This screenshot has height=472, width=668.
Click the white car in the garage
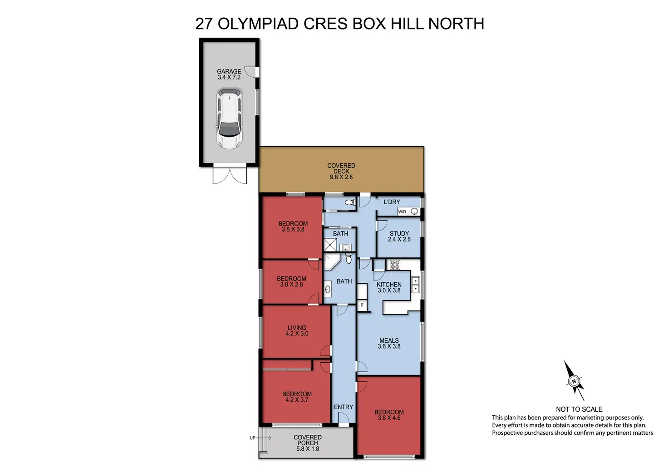pyautogui.click(x=229, y=118)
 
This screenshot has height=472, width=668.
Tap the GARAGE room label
pyautogui.click(x=229, y=72)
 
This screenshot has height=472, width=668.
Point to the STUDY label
pyautogui.click(x=399, y=233)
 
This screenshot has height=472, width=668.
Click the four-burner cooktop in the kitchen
pyautogui.click(x=395, y=265)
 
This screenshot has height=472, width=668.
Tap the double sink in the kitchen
pyautogui.click(x=415, y=285)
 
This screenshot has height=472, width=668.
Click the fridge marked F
pyautogui.click(x=362, y=305)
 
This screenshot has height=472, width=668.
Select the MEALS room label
pyautogui.click(x=389, y=340)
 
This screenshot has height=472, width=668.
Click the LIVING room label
pyautogui.click(x=297, y=328)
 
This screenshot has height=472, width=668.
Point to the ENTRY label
pyautogui.click(x=344, y=407)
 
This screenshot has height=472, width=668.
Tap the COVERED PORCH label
pyautogui.click(x=308, y=440)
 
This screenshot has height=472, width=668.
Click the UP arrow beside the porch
pyautogui.click(x=264, y=438)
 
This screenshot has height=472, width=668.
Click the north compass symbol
pyautogui.click(x=574, y=381)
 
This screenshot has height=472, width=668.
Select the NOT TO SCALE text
pyautogui.click(x=579, y=409)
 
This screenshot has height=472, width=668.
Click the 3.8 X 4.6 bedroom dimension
pyautogui.click(x=389, y=418)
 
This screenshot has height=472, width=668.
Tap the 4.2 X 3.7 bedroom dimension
pyautogui.click(x=297, y=400)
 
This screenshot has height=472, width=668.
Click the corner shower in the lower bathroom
pyautogui.click(x=332, y=261)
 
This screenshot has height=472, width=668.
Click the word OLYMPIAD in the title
pyautogui.click(x=258, y=24)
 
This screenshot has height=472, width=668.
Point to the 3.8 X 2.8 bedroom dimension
pyautogui.click(x=291, y=285)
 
